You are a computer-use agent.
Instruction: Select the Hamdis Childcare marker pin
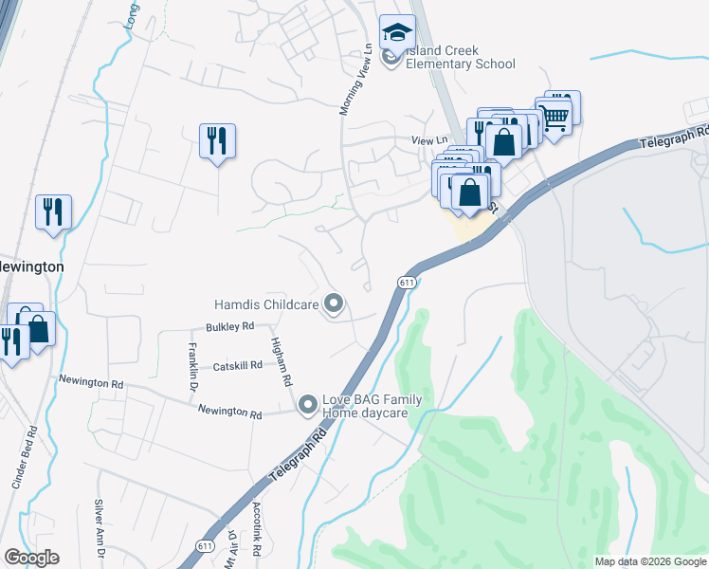pyautogui.click(x=333, y=303)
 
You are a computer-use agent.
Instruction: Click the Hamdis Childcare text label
pyautogui.click(x=266, y=304)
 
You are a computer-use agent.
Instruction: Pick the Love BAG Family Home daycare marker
pyautogui.click(x=307, y=406)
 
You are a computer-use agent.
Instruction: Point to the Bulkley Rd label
pyautogui.click(x=230, y=326)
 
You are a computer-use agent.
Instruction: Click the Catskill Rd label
pyautogui.click(x=237, y=366)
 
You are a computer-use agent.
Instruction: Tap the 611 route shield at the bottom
pyautogui.click(x=205, y=547)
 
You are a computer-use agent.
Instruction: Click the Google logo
pyautogui.click(x=31, y=558)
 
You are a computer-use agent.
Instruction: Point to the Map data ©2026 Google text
pyautogui.click(x=649, y=561)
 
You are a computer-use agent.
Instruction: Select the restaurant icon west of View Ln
pyautogui.click(x=217, y=141)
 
